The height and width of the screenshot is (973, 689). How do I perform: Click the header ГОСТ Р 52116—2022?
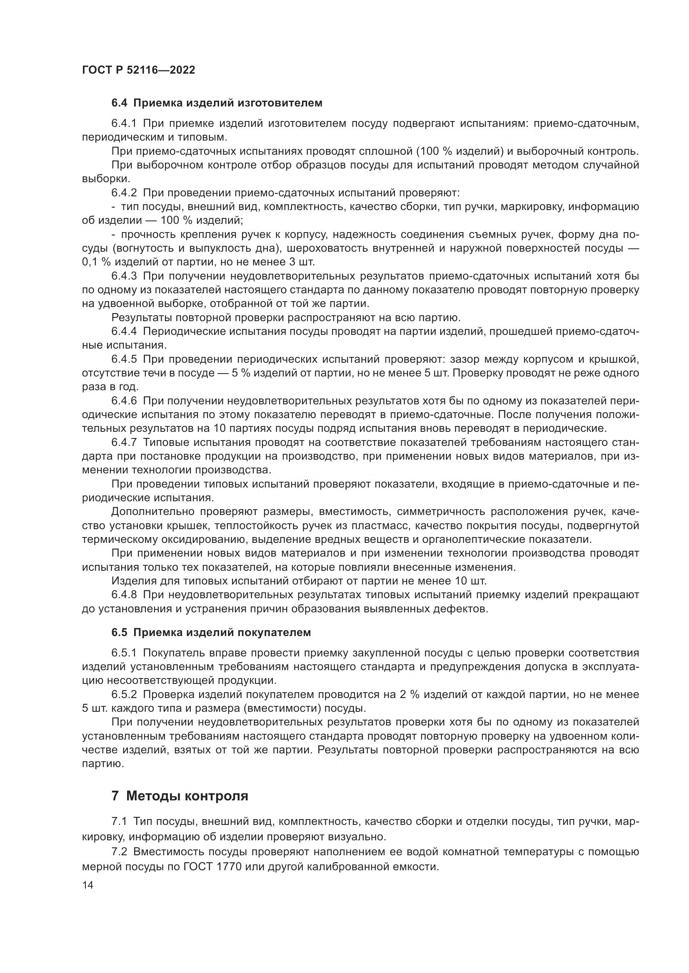pyautogui.click(x=138, y=70)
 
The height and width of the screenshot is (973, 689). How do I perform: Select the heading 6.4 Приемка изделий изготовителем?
pyautogui.click(x=217, y=103)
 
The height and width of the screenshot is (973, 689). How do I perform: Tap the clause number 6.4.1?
pyautogui.click(x=124, y=124)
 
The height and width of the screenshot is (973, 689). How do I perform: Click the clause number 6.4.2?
pyautogui.click(x=124, y=193)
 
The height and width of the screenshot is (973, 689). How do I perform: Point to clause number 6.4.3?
pyautogui.click(x=124, y=276)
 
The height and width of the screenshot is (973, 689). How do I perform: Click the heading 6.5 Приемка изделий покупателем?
pyautogui.click(x=211, y=633)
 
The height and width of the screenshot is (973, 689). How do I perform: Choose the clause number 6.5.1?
pyautogui.click(x=124, y=654)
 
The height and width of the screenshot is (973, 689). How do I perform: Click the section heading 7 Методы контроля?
pyautogui.click(x=180, y=796)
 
